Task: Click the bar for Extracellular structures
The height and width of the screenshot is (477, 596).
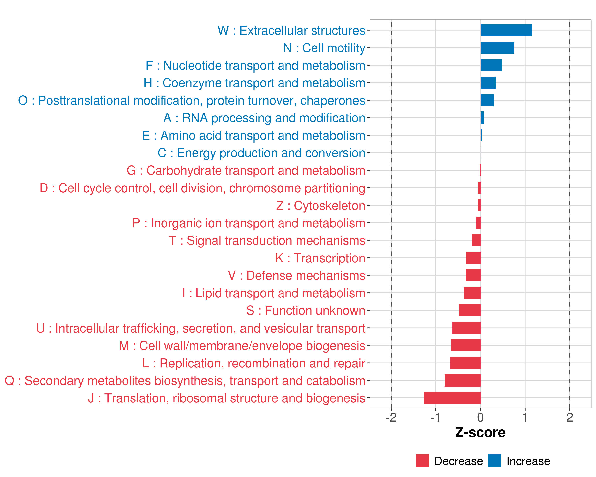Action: (506, 30)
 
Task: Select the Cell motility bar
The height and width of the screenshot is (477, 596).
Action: (497, 48)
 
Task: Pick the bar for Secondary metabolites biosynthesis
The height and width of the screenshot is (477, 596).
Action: (462, 380)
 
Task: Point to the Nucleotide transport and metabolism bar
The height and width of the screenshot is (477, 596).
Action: (491, 65)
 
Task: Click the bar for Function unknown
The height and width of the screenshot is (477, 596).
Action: (470, 310)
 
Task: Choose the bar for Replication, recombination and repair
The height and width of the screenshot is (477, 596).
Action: (465, 363)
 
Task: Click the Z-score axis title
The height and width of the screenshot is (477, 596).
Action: (480, 432)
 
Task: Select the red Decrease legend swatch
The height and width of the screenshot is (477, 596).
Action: (422, 461)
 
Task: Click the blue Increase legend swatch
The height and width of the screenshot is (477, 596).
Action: (494, 461)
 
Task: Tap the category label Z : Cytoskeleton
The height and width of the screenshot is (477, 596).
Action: (321, 206)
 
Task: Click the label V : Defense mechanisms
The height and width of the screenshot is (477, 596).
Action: (296, 276)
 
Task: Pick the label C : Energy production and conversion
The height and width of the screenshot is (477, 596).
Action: (261, 153)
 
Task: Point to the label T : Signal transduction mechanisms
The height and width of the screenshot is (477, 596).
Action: (267, 240)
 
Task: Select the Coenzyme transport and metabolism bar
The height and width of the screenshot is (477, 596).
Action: (488, 83)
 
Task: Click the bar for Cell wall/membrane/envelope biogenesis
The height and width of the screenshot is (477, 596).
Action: (466, 345)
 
